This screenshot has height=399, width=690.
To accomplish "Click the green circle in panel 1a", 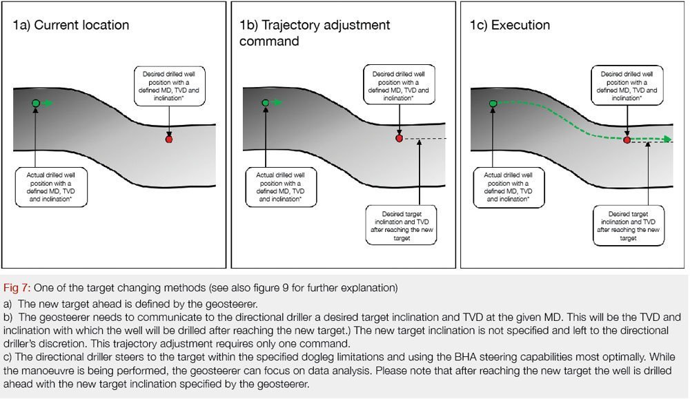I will click(36, 104).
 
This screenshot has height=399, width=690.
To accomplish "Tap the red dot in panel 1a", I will click(169, 139).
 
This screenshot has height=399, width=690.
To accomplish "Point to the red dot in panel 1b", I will click(399, 139).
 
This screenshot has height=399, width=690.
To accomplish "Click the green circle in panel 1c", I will click(493, 104).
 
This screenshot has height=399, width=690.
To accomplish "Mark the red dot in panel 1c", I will click(627, 139).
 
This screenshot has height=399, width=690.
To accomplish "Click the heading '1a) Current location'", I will click(71, 26).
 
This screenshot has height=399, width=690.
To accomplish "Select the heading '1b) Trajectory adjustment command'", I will click(315, 33).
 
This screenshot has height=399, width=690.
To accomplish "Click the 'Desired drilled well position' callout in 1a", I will click(169, 86).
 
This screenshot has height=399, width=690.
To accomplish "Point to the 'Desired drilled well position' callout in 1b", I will click(399, 86).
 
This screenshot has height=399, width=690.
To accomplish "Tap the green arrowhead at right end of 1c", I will click(667, 139).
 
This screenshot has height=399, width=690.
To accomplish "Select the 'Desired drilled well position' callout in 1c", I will click(627, 86).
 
